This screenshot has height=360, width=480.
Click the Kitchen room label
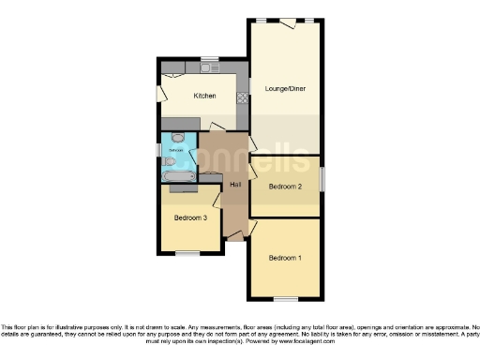(204, 96)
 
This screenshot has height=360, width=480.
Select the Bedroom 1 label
(285, 258)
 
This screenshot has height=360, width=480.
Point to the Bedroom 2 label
(285, 187)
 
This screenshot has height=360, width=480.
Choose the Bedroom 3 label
(190, 218)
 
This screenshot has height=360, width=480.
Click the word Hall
(235, 184)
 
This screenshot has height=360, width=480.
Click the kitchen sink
(207, 68)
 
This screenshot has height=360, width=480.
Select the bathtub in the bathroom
(177, 174)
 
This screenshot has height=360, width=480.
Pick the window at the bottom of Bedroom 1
(286, 298)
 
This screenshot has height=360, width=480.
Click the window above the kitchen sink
(207, 60)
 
